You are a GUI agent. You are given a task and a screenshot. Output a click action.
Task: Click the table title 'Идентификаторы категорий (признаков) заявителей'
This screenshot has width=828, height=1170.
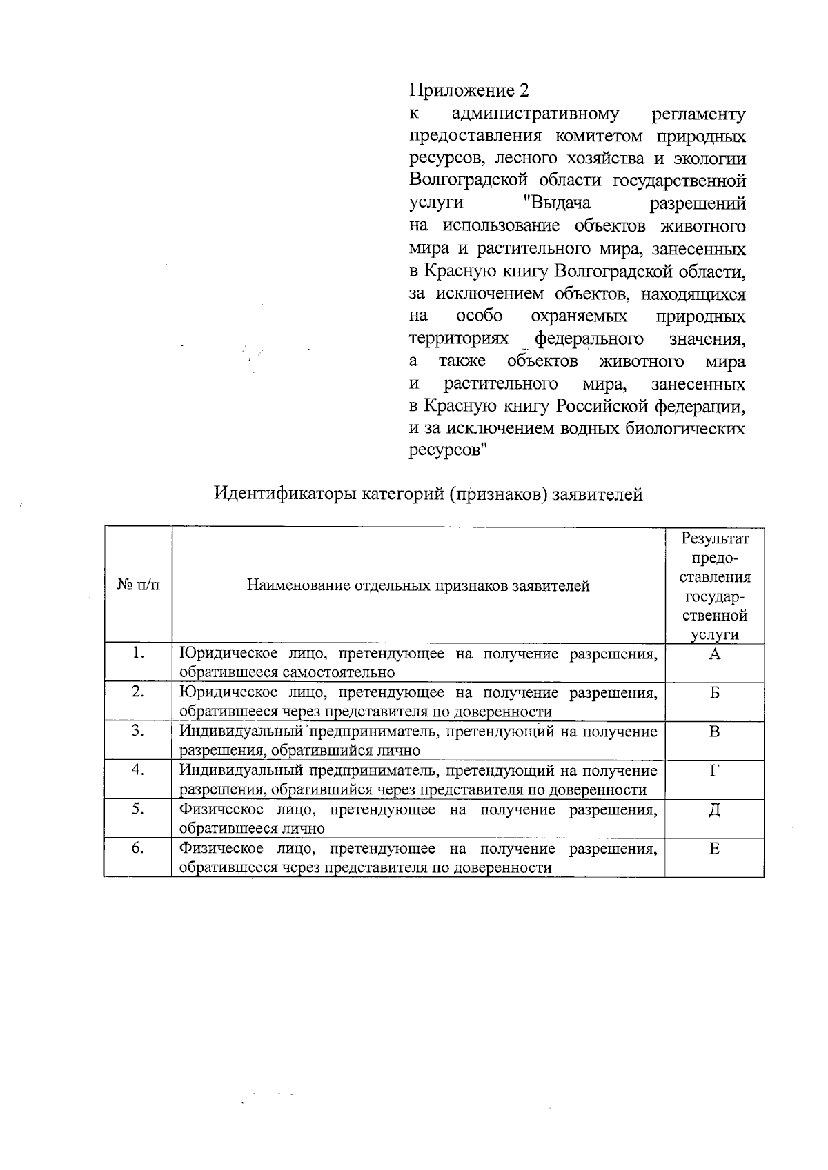pyautogui.click(x=428, y=494)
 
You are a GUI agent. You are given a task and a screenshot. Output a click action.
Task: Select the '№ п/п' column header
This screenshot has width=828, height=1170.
pyautogui.click(x=138, y=585)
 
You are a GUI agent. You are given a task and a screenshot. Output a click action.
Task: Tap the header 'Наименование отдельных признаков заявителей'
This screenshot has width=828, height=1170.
pyautogui.click(x=418, y=586)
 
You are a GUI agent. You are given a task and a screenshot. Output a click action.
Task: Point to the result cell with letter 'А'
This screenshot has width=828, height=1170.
pyautogui.click(x=714, y=654)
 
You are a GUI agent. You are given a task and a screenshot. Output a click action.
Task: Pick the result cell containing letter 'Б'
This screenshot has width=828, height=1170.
pyautogui.click(x=714, y=693)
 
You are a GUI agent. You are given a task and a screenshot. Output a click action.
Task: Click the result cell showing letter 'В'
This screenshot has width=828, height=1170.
pyautogui.click(x=714, y=732)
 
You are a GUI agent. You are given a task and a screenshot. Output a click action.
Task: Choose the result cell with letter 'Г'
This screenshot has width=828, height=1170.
pyautogui.click(x=714, y=771)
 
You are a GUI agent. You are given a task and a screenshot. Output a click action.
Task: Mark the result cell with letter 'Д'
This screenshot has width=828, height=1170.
pyautogui.click(x=714, y=810)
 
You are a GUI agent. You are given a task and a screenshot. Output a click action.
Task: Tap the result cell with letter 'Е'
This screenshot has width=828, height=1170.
pyautogui.click(x=714, y=849)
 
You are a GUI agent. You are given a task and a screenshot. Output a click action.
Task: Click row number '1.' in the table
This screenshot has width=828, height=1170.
pyautogui.click(x=138, y=653)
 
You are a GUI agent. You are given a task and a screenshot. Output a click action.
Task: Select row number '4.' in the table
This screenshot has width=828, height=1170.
pyautogui.click(x=138, y=769)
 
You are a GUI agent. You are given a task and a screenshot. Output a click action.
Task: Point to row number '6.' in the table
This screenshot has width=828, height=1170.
pyautogui.click(x=138, y=848)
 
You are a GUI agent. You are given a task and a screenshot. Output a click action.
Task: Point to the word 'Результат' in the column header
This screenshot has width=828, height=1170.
pyautogui.click(x=714, y=538)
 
